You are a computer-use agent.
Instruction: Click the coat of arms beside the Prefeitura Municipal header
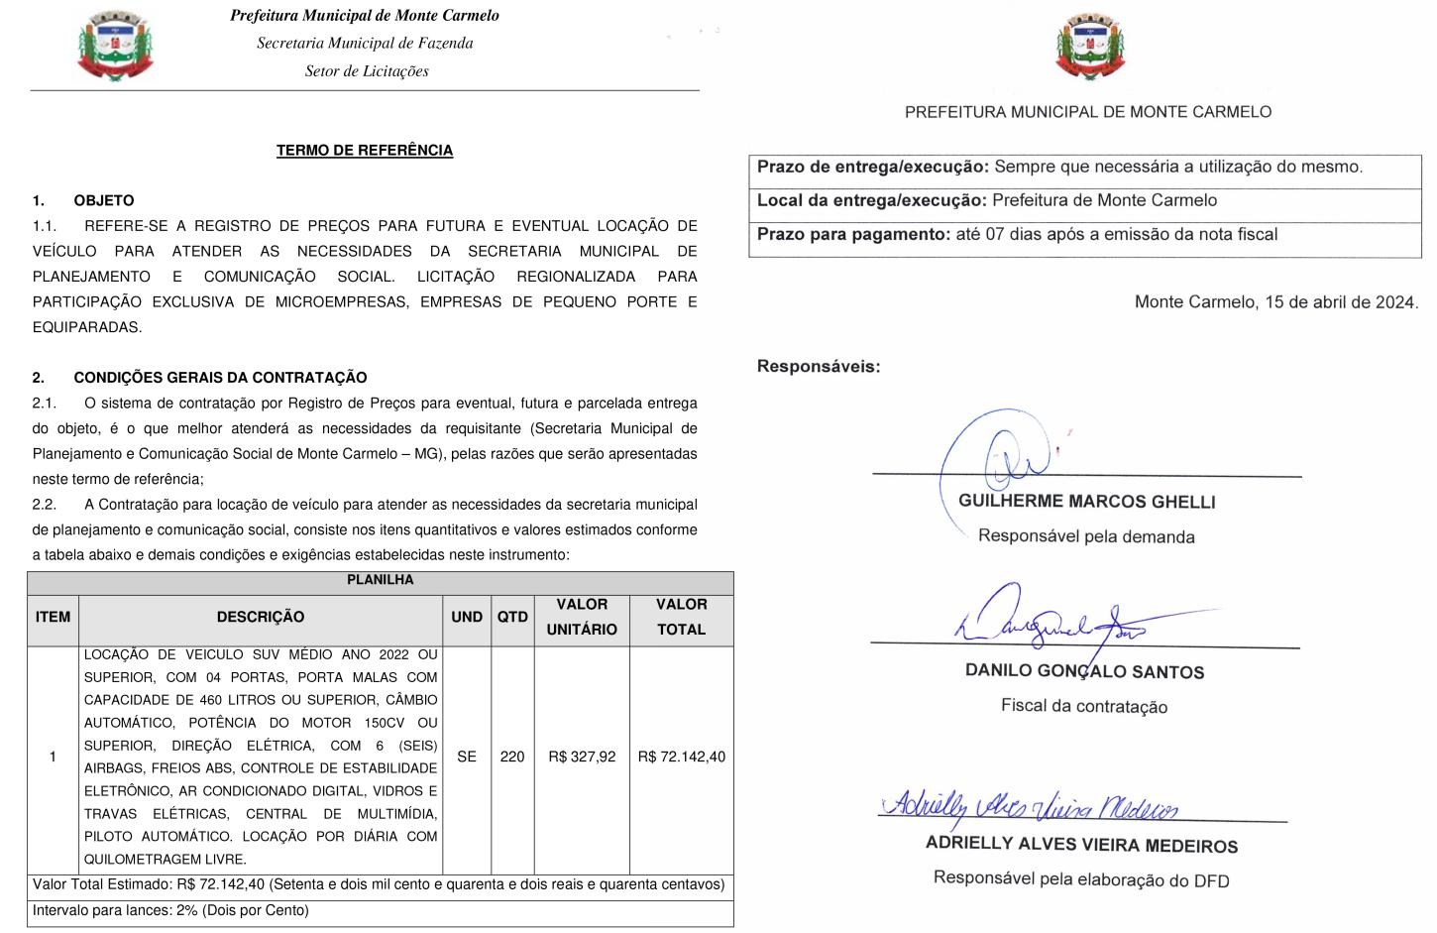[115, 46]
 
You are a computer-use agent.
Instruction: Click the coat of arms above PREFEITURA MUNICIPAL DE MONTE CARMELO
[1091, 46]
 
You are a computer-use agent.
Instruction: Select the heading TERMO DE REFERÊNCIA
[365, 151]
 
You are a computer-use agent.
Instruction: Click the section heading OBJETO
[103, 200]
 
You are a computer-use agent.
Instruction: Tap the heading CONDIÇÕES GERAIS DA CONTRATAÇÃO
[220, 378]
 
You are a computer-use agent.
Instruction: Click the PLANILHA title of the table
[380, 580]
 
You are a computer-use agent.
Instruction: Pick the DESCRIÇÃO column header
[261, 617]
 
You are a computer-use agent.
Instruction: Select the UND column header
[467, 617]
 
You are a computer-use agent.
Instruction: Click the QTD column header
[512, 617]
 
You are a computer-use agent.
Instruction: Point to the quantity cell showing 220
[512, 757]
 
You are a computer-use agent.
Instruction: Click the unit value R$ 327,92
[582, 757]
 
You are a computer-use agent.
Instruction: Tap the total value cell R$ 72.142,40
[682, 757]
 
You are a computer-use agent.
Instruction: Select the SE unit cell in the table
[467, 757]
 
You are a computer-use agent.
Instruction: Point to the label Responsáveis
[818, 367]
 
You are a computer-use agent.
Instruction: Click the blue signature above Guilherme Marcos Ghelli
[1001, 456]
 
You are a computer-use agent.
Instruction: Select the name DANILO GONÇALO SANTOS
[1084, 671]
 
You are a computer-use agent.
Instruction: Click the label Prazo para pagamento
[853, 235]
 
